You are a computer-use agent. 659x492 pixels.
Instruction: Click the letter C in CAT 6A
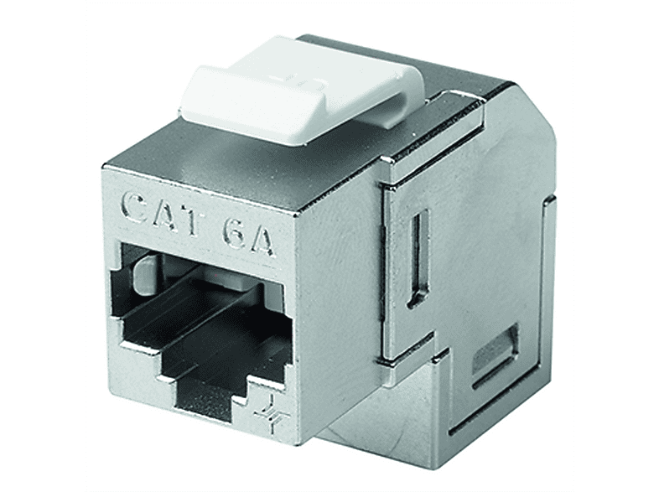coord(136,209)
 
